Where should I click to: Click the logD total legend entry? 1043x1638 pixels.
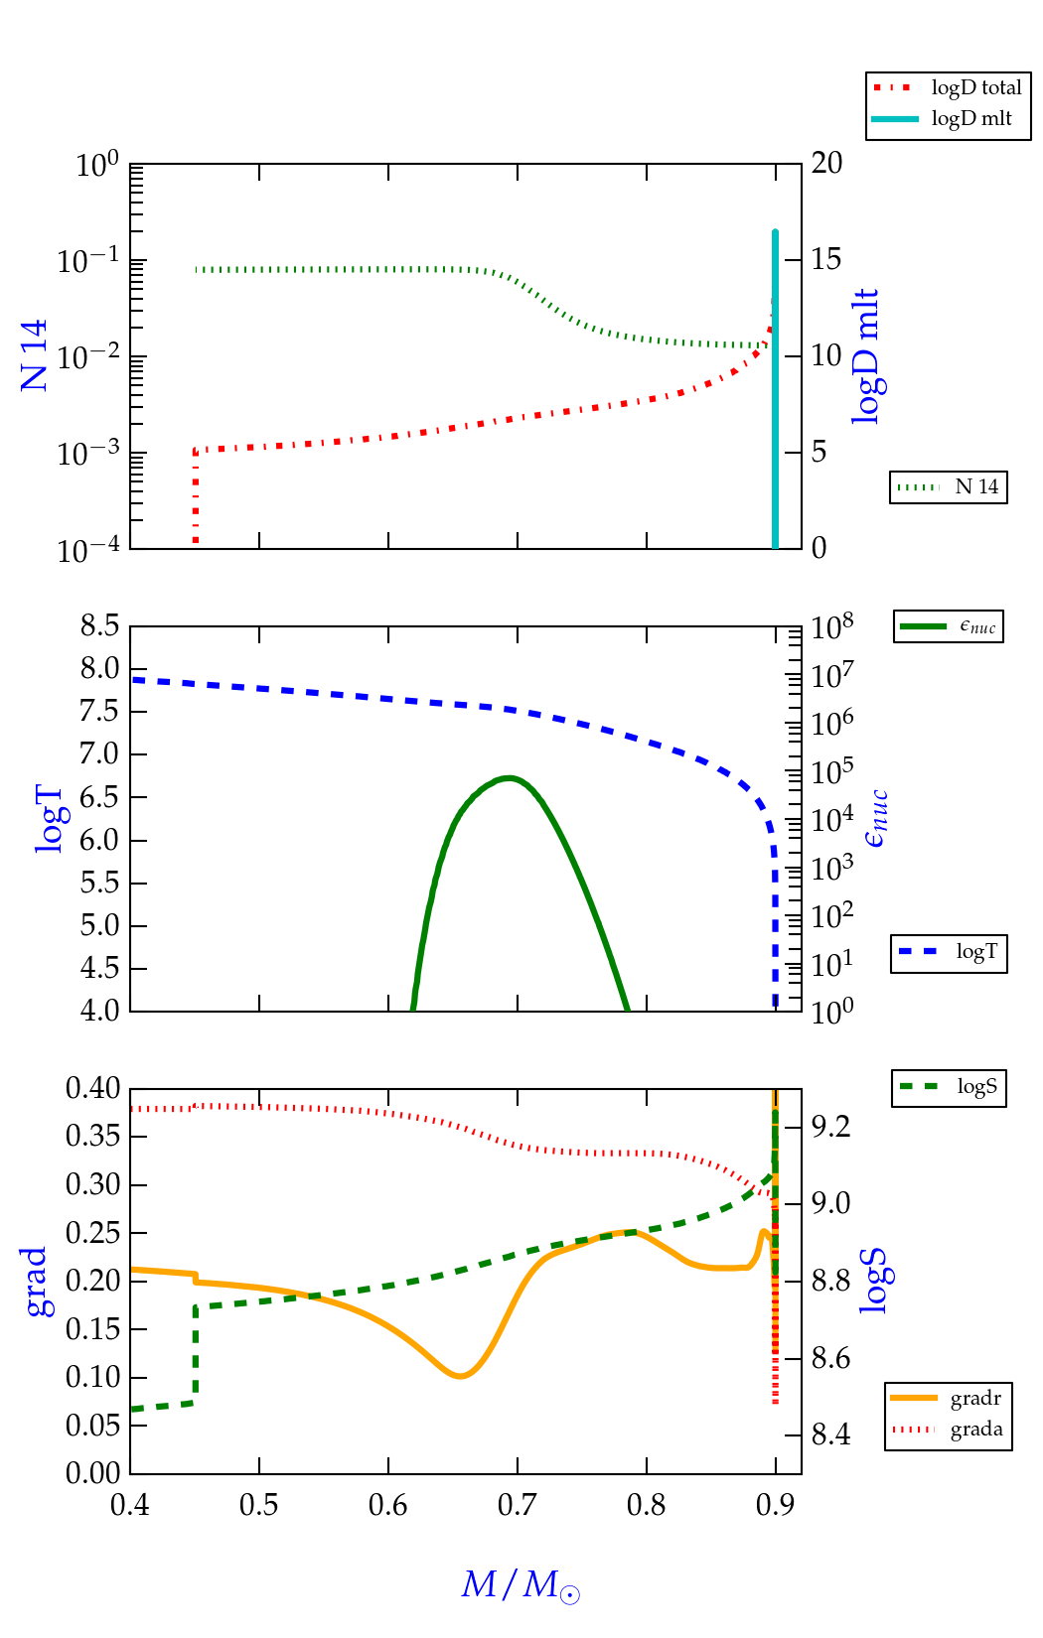pyautogui.click(x=948, y=88)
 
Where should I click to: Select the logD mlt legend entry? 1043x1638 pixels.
pyautogui.click(x=948, y=119)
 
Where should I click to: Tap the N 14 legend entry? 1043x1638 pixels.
pyautogui.click(x=948, y=487)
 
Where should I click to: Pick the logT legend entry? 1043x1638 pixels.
pyautogui.click(x=949, y=952)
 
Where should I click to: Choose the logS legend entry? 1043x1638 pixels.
pyautogui.click(x=949, y=1087)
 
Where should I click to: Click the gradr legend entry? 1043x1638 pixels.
pyautogui.click(x=949, y=1399)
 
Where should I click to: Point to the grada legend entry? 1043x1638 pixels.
pyautogui.click(x=949, y=1430)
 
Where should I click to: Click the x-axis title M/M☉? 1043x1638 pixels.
pyautogui.click(x=521, y=1584)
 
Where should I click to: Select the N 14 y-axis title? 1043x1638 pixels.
pyautogui.click(x=35, y=355)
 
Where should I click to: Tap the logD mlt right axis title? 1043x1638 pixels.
pyautogui.click(x=866, y=356)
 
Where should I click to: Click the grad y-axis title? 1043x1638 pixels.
pyautogui.click(x=35, y=1282)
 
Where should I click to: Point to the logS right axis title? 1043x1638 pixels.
pyautogui.click(x=872, y=1282)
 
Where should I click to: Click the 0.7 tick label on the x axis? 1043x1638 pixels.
pyautogui.click(x=517, y=1506)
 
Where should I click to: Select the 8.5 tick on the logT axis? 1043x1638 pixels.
pyautogui.click(x=99, y=626)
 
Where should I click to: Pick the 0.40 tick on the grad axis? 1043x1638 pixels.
pyautogui.click(x=93, y=1089)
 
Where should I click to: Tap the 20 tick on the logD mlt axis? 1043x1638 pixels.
pyautogui.click(x=826, y=164)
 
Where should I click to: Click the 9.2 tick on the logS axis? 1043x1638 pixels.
pyautogui.click(x=830, y=1127)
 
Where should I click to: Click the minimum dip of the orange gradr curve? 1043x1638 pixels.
pyautogui.click(x=459, y=1376)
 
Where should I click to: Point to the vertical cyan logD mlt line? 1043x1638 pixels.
pyautogui.click(x=775, y=397)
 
